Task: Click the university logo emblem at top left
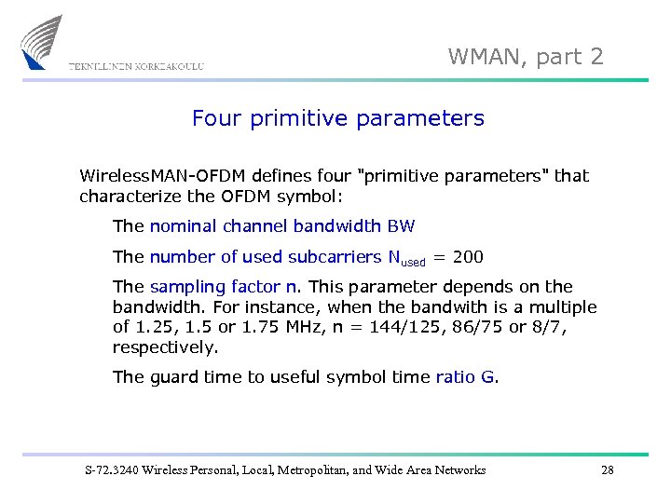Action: point(42,42)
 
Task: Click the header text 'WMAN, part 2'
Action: point(526,57)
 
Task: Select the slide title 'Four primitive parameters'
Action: point(337,118)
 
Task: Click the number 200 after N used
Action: point(468,257)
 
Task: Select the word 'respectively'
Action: point(165,347)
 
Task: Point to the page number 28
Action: point(608,469)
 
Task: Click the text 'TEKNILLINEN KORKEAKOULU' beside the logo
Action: point(135,65)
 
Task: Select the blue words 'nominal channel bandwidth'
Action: point(266,226)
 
